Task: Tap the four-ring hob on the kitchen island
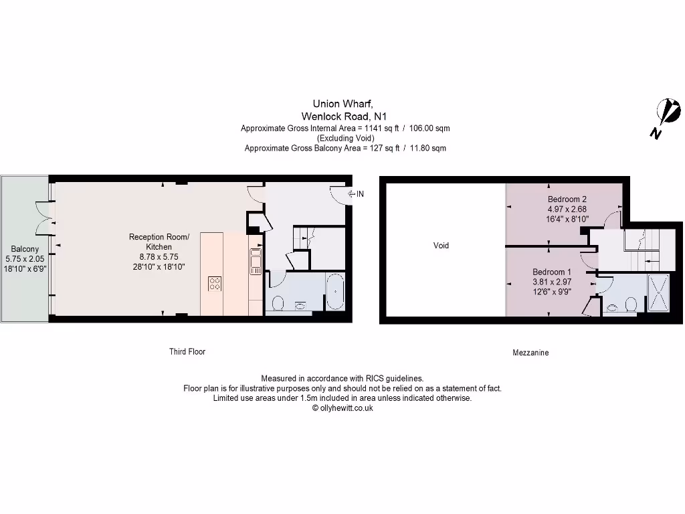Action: click(215, 284)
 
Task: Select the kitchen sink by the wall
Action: click(256, 262)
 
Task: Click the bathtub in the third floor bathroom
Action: click(334, 292)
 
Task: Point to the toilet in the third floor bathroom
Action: click(279, 305)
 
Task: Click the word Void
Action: click(441, 246)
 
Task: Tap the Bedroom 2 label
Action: click(567, 199)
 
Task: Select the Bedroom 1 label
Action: click(552, 272)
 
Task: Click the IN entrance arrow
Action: click(356, 194)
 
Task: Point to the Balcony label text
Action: click(24, 249)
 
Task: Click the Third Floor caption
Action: click(187, 351)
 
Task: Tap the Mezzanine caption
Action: click(530, 352)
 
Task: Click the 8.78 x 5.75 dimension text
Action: click(159, 256)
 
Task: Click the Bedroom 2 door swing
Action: click(610, 220)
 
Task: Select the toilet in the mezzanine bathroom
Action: click(629, 306)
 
